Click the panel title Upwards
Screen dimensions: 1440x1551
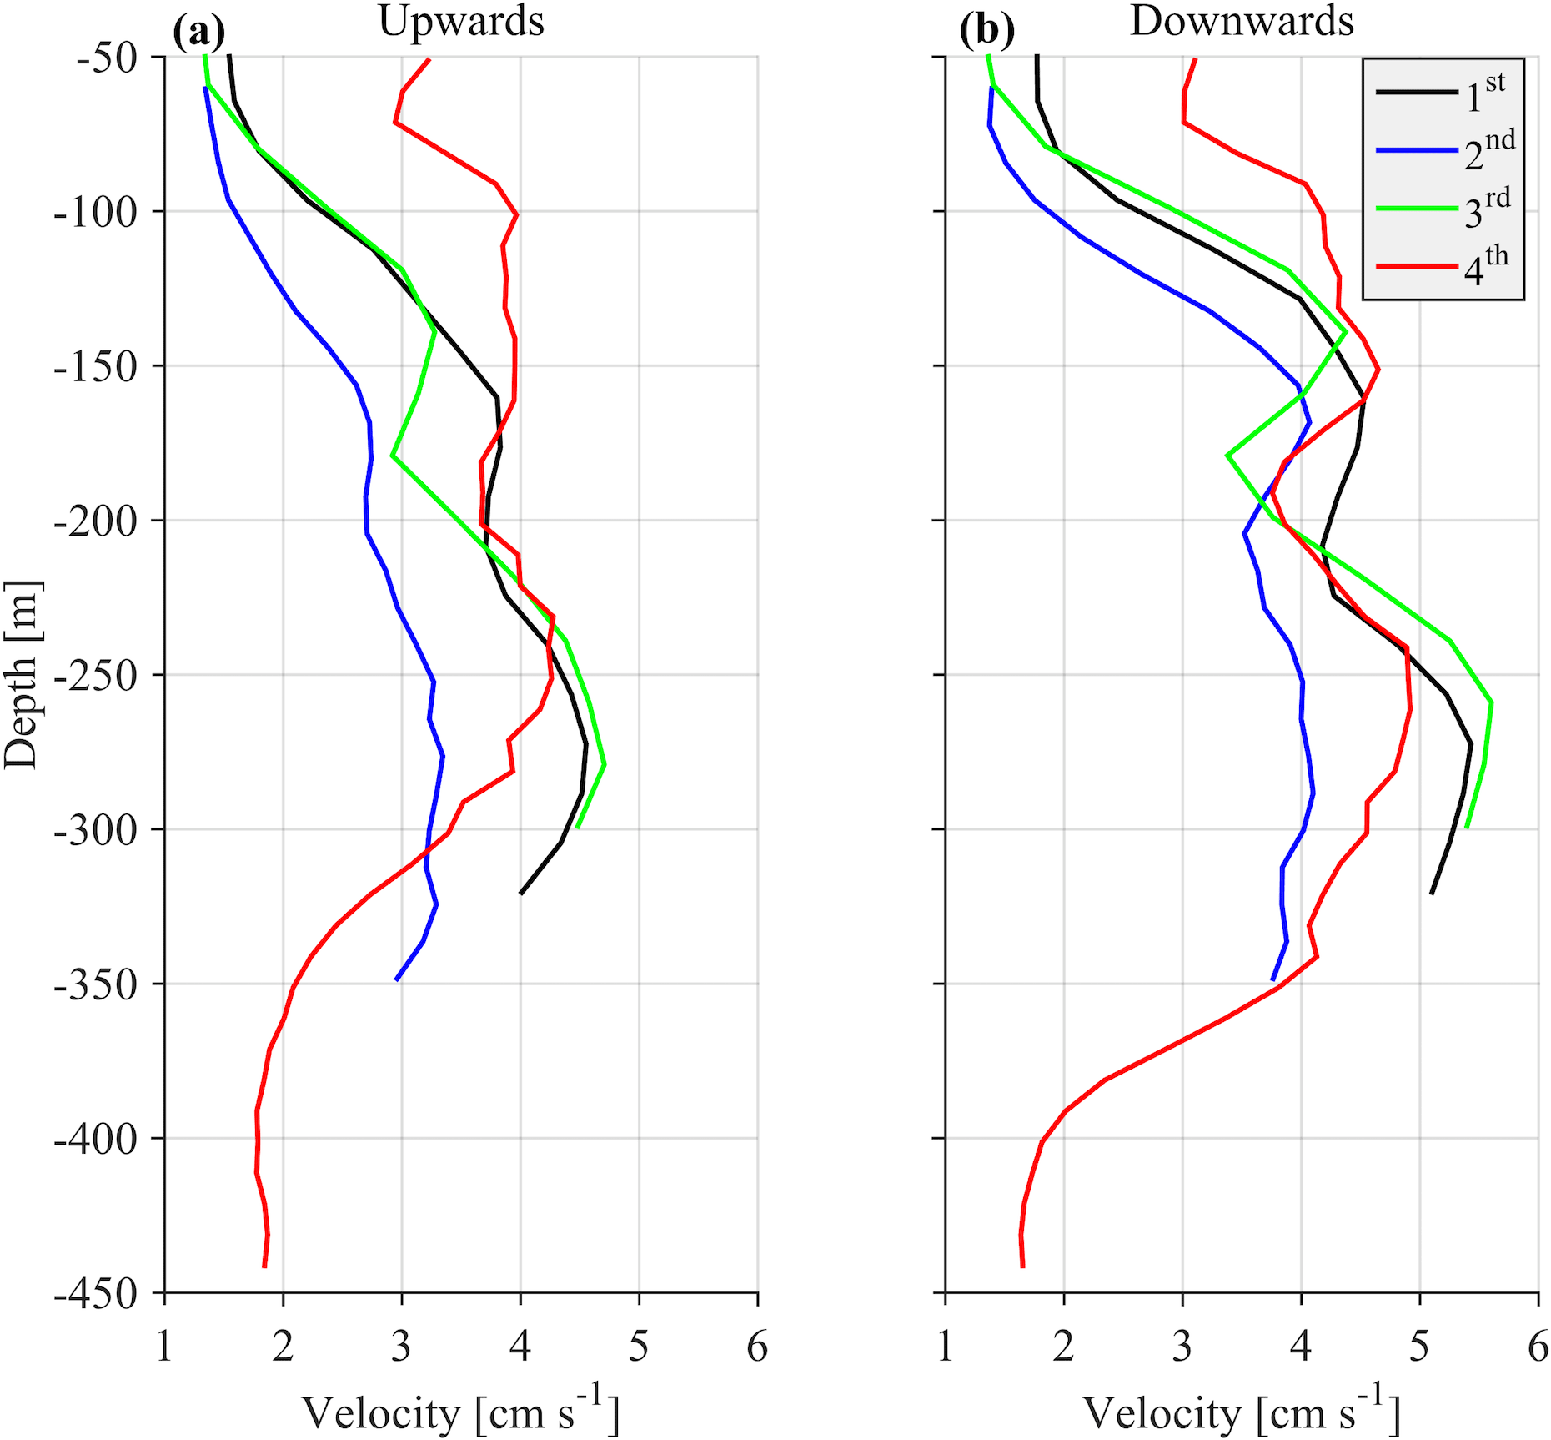(x=461, y=22)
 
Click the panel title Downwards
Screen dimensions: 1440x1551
(x=1242, y=22)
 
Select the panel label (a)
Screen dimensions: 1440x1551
(x=198, y=32)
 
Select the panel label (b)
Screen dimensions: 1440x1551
(x=986, y=32)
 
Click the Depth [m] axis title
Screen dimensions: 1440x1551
(x=22, y=675)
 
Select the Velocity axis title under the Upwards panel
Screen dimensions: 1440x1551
(x=461, y=1412)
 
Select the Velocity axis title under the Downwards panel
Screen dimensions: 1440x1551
(x=1242, y=1412)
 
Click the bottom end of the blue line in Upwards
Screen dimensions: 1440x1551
(x=396, y=979)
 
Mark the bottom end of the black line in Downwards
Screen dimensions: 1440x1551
(x=1431, y=894)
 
